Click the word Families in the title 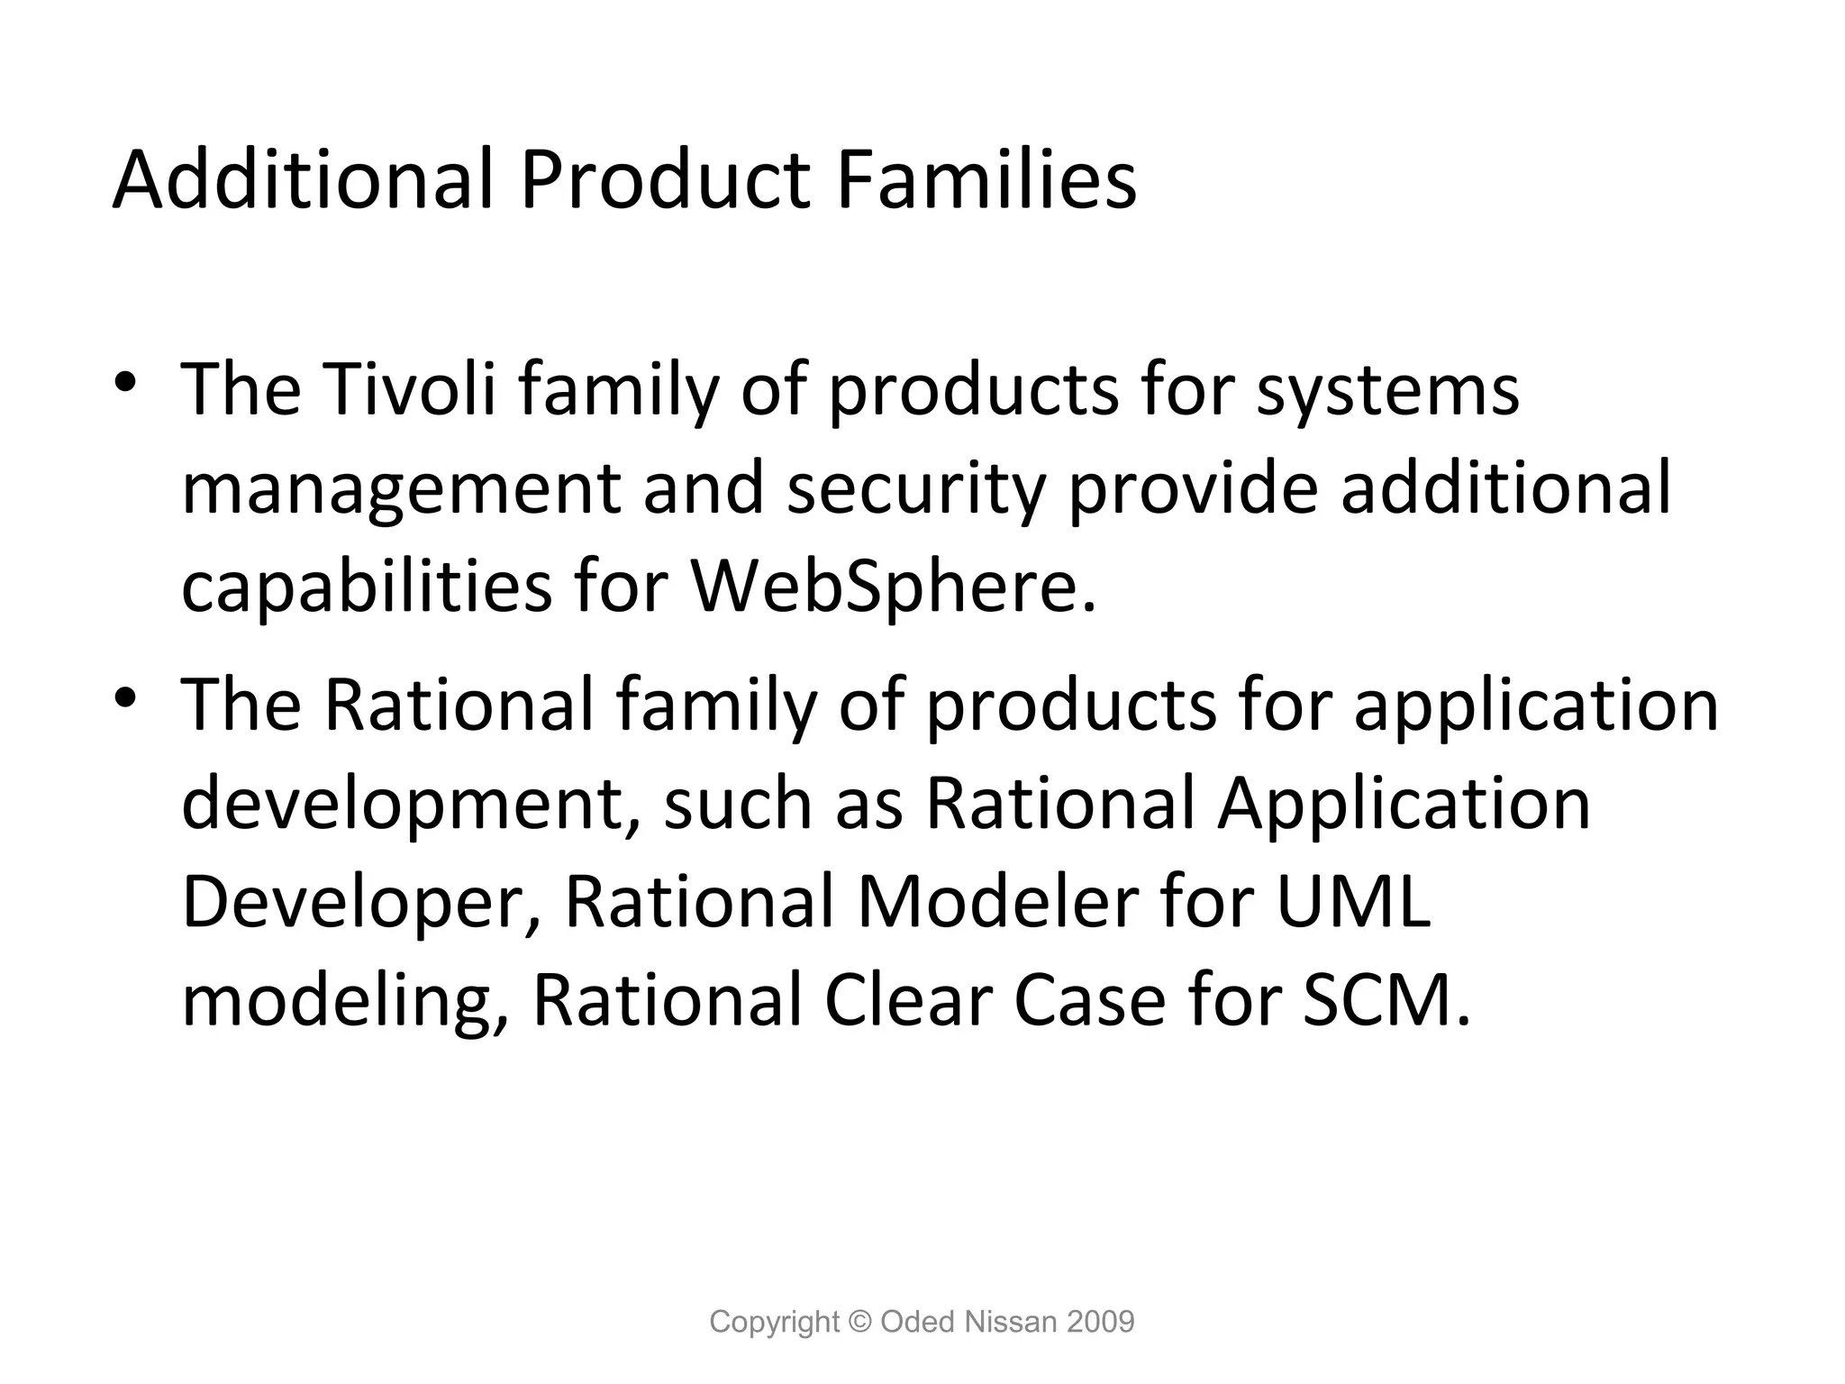point(986,179)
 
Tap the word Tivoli point(409,389)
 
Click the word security point(915,488)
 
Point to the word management point(401,488)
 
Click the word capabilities point(366,586)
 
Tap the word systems point(1387,389)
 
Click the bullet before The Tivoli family point(125,382)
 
